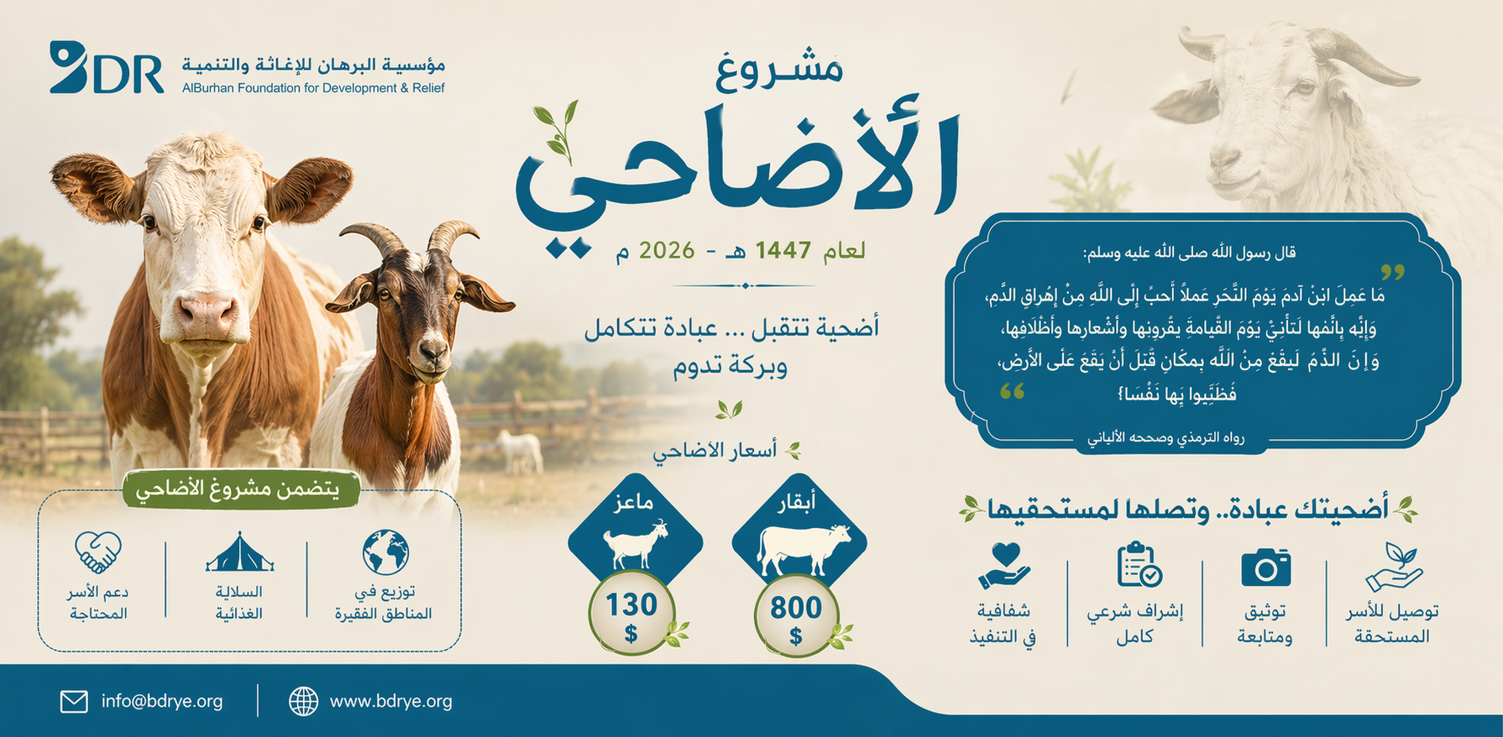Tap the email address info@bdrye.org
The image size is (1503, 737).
162,701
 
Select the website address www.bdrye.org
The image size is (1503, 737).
390,701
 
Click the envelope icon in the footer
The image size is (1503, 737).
74,702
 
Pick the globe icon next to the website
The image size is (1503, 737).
303,702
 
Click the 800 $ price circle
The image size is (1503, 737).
796,616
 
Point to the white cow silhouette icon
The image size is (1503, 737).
804,549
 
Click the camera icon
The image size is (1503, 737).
1265,567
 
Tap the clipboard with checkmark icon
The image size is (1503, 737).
1139,564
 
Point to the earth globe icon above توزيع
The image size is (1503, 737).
385,552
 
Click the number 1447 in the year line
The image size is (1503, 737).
783,250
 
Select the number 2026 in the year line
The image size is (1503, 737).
667,250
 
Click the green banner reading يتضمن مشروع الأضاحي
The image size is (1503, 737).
242,489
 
